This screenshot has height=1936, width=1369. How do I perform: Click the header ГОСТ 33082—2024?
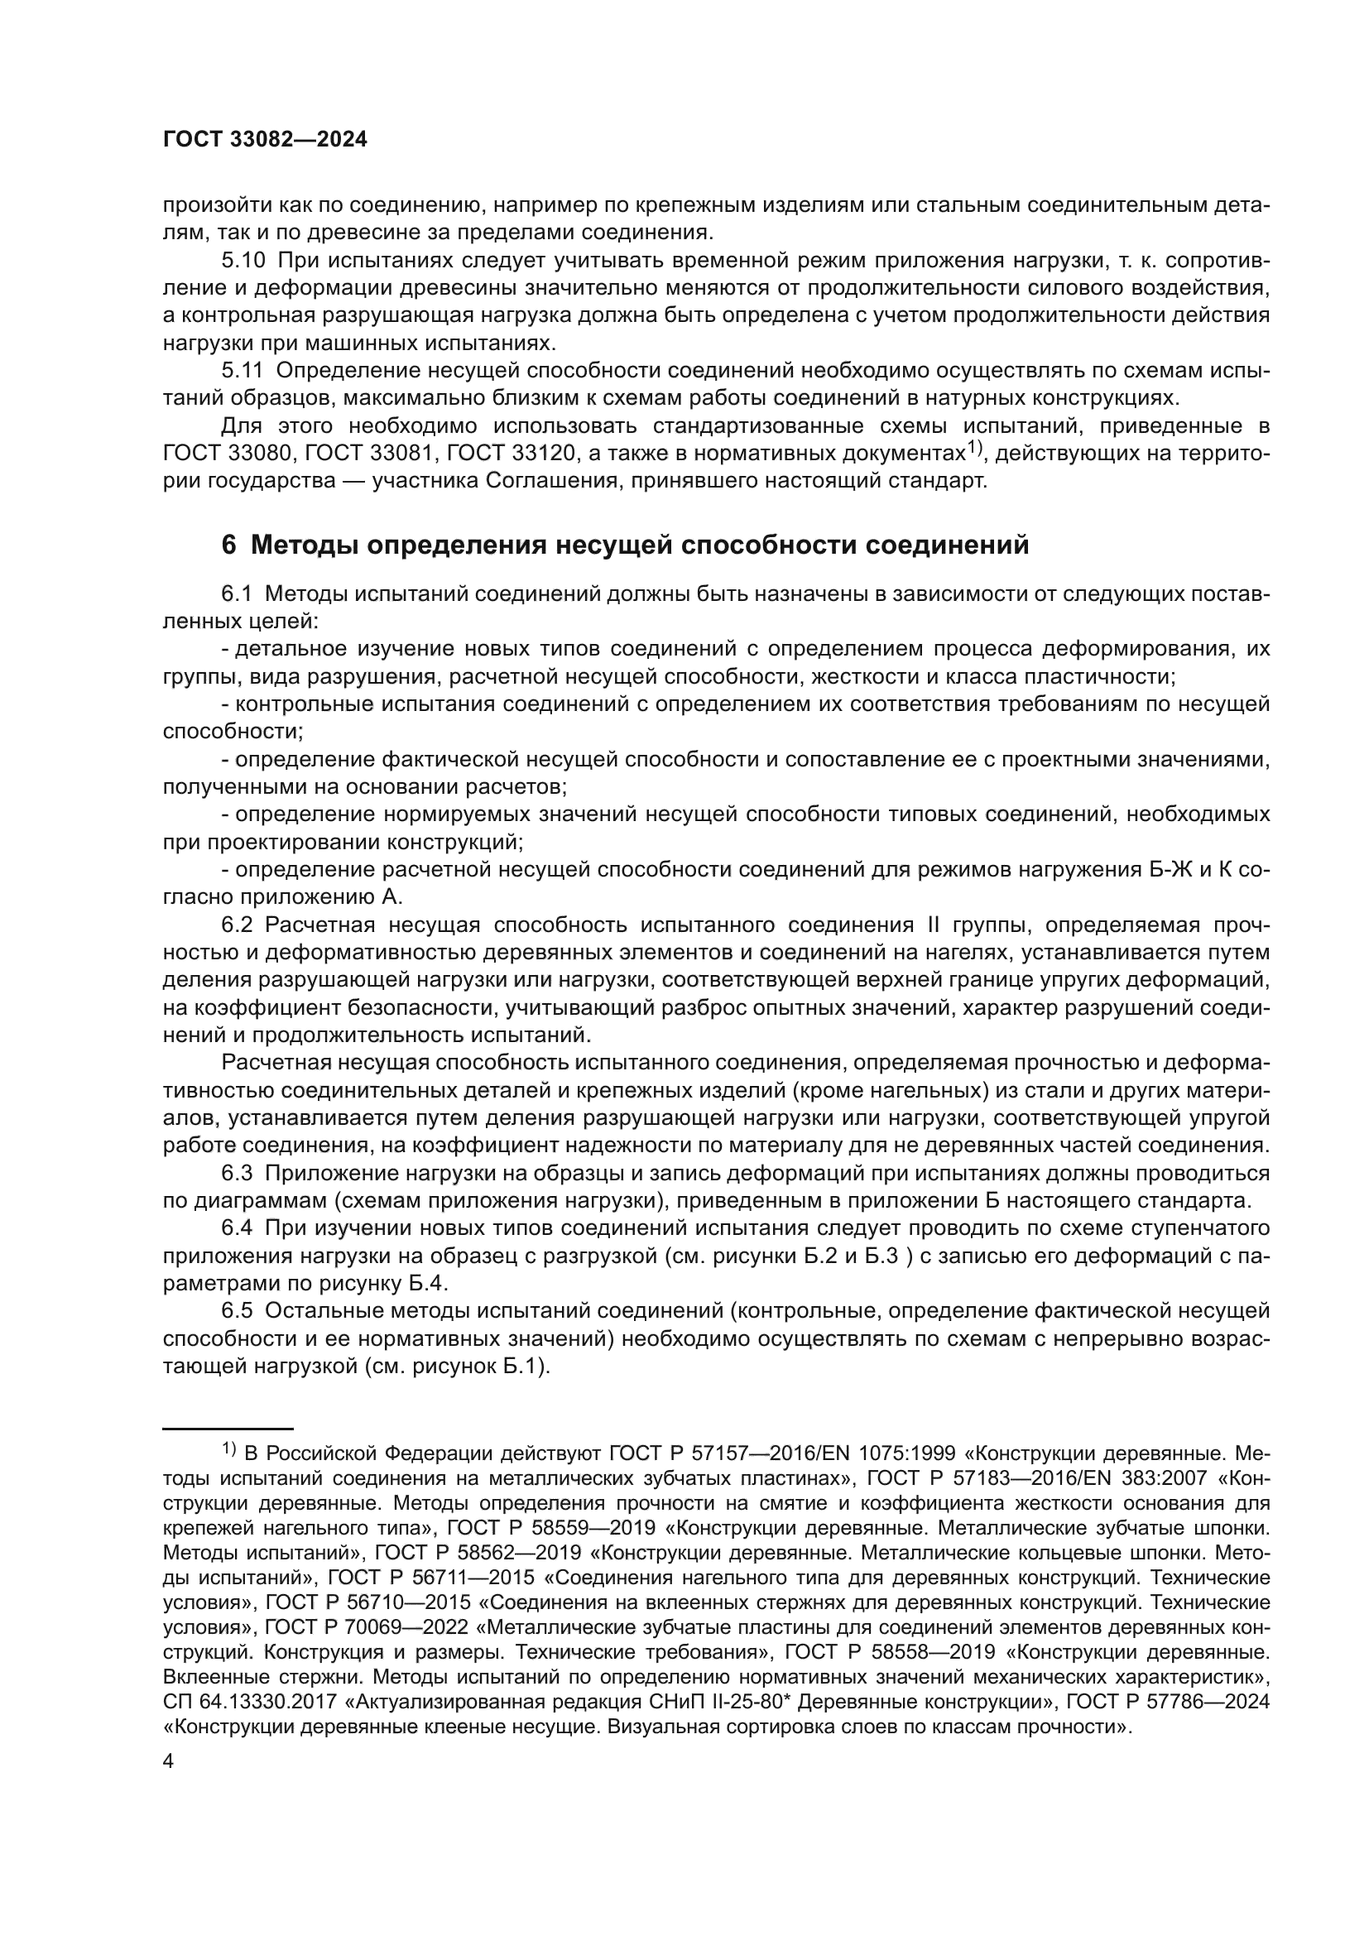[265, 140]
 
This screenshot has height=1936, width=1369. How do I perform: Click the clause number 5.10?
[242, 261]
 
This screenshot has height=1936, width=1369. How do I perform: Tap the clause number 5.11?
[241, 370]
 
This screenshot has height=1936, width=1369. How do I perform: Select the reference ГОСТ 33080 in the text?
[228, 454]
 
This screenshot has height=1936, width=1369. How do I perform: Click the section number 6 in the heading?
[228, 545]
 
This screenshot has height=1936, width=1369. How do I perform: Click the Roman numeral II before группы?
[933, 925]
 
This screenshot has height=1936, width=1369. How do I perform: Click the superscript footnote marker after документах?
[976, 448]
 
